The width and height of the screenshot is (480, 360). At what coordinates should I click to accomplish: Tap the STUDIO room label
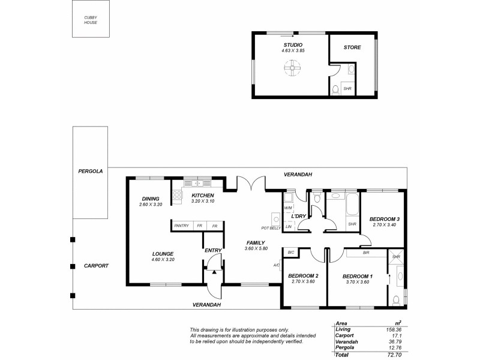[x=293, y=45]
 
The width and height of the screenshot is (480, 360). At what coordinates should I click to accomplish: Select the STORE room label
[x=352, y=47]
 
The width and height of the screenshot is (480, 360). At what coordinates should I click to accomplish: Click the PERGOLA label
[x=91, y=171]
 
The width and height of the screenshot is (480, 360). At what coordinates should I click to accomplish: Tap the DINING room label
[x=151, y=199]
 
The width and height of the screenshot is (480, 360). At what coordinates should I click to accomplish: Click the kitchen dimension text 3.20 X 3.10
[x=202, y=202]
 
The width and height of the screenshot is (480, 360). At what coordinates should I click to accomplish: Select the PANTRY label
[x=181, y=226]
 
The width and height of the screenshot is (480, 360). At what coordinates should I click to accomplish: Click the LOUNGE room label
[x=163, y=254]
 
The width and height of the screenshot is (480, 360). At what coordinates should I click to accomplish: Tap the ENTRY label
[x=213, y=250]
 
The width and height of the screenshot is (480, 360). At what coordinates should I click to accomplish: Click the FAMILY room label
[x=255, y=243]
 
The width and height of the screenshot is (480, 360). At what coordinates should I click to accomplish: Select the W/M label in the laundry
[x=288, y=207]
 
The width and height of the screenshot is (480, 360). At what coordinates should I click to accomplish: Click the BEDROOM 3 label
[x=384, y=219]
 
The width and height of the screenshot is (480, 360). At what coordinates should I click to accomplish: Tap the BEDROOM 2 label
[x=303, y=275]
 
